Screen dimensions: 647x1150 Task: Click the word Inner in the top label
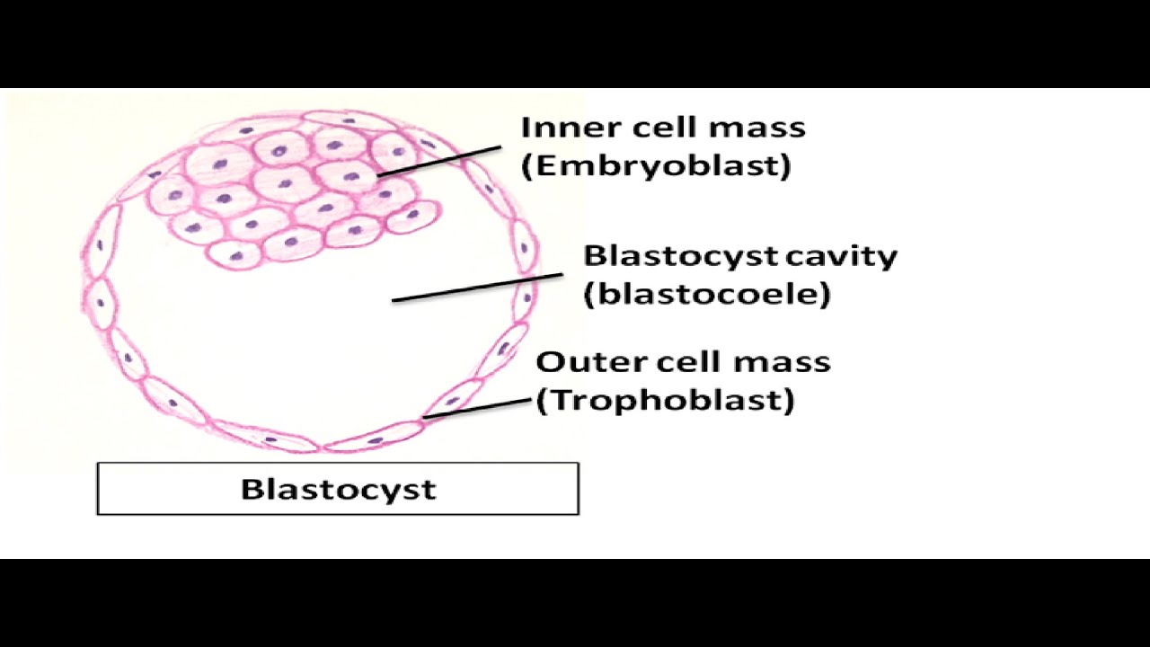[555, 127]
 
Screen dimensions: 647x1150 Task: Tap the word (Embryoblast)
[656, 165]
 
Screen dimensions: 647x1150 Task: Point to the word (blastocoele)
[707, 295]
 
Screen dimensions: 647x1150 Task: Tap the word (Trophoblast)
[666, 400]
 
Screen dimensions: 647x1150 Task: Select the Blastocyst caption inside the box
[338, 490]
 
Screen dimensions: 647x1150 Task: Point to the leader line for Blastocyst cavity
[476, 288]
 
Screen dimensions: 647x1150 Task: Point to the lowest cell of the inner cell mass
[236, 255]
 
